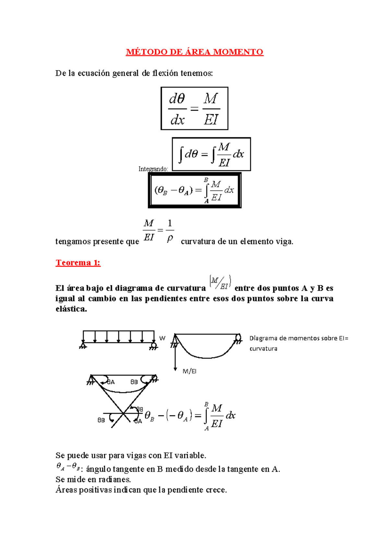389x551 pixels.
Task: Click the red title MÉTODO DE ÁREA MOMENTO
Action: point(194,52)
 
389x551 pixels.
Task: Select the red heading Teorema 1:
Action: point(78,263)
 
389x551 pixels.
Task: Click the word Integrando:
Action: point(153,169)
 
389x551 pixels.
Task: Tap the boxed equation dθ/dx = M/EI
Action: point(194,108)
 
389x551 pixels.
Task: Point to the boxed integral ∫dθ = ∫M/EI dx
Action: point(211,154)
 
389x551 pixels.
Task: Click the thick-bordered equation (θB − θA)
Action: point(194,190)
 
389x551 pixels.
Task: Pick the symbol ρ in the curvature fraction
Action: point(170,239)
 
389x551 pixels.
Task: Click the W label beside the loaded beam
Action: point(162,338)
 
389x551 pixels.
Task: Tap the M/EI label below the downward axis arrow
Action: point(189,371)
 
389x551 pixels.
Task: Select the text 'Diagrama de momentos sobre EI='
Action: point(299,338)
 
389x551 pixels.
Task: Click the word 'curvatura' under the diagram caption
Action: point(263,349)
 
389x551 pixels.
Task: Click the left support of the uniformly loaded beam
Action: point(83,345)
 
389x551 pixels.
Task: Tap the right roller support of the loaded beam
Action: point(153,346)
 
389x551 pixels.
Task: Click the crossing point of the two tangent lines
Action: point(124,413)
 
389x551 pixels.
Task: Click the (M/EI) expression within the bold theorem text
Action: point(220,282)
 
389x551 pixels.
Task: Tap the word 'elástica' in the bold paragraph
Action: point(71,309)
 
